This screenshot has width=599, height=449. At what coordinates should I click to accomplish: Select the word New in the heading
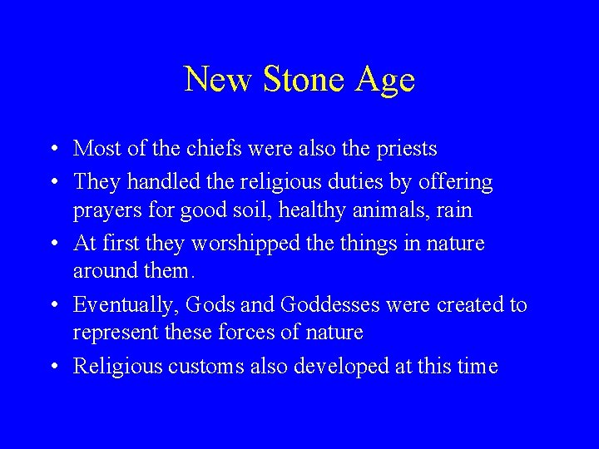coord(219,80)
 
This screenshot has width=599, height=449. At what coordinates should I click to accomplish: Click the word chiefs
coord(193,149)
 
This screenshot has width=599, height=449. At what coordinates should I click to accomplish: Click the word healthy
coord(313,211)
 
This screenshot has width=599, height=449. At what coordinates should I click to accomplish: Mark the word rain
coord(453,211)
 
